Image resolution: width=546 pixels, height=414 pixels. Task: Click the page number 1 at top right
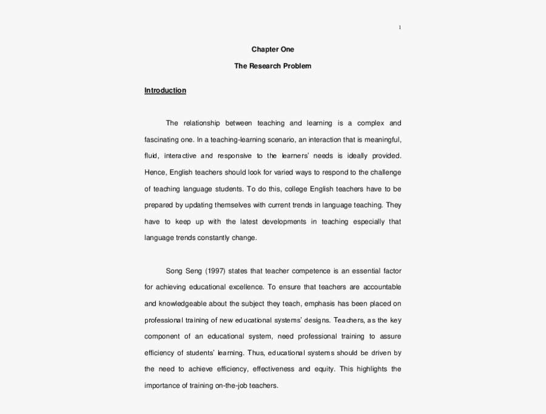400,27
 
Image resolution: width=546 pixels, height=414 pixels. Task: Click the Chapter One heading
272,50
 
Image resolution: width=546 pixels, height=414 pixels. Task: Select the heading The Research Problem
272,66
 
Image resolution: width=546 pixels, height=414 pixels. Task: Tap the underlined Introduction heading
165,91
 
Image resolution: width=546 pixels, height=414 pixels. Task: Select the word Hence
153,172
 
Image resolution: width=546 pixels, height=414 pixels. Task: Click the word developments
280,221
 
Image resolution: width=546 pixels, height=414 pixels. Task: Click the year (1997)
217,270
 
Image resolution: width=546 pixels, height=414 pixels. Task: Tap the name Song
174,270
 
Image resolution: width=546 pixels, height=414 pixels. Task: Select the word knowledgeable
186,303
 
